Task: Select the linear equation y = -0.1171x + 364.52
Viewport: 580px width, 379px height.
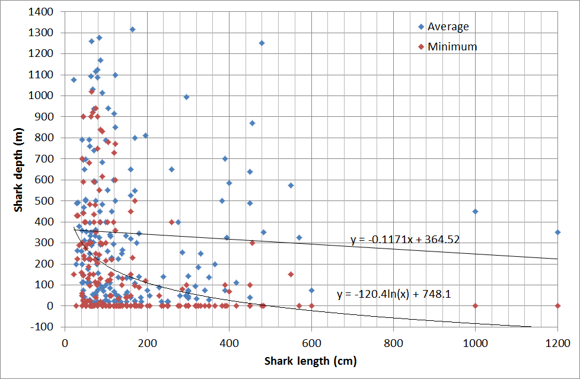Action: point(406,240)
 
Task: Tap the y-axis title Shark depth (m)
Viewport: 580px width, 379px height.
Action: point(19,169)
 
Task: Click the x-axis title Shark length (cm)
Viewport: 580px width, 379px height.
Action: point(311,361)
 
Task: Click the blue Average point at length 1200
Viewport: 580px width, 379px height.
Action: point(557,232)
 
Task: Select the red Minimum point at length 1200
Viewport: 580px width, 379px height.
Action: point(557,305)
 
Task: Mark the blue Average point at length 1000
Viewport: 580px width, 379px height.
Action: point(475,211)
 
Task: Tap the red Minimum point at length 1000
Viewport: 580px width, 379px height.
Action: point(475,305)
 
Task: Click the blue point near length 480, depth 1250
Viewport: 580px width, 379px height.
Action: point(262,43)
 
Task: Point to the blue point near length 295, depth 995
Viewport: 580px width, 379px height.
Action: point(186,97)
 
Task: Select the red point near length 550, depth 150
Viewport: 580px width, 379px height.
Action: point(291,274)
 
